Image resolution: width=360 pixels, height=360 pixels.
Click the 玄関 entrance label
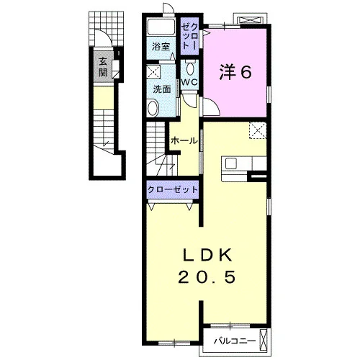click(103, 67)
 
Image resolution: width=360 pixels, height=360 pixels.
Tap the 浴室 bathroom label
click(161, 47)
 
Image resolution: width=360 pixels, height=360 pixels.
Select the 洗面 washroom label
click(162, 89)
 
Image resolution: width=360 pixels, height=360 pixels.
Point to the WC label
click(189, 82)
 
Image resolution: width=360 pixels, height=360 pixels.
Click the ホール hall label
click(184, 141)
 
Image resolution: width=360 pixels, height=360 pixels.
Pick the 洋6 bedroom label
click(235, 72)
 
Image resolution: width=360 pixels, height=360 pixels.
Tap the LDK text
click(208, 255)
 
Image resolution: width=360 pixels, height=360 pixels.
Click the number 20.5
click(207, 276)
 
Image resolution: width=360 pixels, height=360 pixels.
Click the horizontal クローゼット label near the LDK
click(173, 189)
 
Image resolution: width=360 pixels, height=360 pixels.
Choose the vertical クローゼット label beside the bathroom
click(189, 37)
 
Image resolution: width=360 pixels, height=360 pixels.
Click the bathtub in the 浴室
click(161, 27)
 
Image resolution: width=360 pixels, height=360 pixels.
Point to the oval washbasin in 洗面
click(153, 109)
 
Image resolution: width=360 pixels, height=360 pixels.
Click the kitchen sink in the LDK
click(231, 164)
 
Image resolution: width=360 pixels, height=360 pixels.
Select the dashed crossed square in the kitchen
click(258, 130)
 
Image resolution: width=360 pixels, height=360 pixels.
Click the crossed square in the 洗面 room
click(153, 71)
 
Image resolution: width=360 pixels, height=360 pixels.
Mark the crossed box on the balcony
click(264, 340)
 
